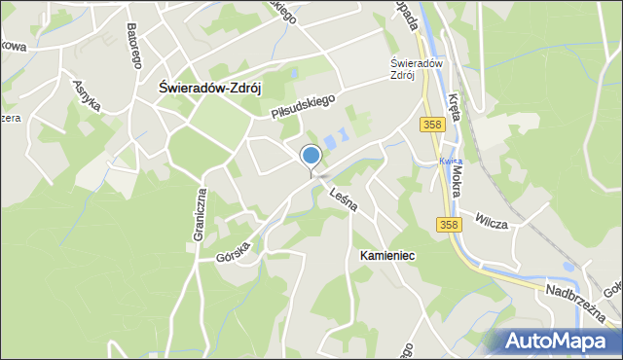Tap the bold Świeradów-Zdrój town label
coord(210,87)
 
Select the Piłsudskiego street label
coord(303,106)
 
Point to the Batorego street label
coord(133,43)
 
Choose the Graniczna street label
coord(201,214)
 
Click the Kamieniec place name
coord(387,255)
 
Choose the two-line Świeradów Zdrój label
coord(396,69)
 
